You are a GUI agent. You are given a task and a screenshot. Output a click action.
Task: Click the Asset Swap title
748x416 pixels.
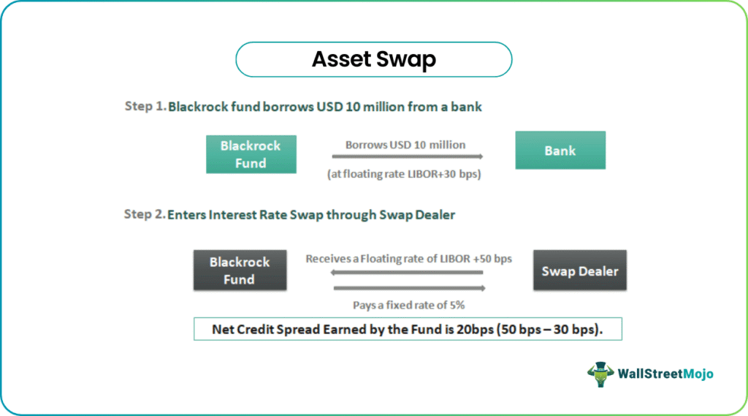pyautogui.click(x=373, y=59)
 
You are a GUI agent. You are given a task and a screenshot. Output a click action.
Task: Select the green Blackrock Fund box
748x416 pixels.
pyautogui.click(x=251, y=154)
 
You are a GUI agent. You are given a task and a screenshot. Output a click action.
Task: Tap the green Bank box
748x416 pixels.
pyautogui.click(x=560, y=151)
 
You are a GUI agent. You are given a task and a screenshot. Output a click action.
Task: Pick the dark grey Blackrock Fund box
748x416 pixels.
pyautogui.click(x=240, y=271)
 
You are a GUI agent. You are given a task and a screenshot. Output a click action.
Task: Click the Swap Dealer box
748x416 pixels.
pyautogui.click(x=579, y=271)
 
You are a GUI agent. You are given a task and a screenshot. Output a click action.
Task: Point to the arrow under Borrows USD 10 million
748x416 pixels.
pyautogui.click(x=408, y=156)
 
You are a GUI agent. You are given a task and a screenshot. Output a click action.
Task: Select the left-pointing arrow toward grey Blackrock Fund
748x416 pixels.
pyautogui.click(x=406, y=272)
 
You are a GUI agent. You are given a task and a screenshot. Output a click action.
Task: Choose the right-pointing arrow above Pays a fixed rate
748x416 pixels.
pyautogui.click(x=409, y=288)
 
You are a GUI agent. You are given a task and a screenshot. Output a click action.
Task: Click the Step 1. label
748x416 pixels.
pyautogui.click(x=145, y=106)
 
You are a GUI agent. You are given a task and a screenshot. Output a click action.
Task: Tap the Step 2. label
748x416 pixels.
pyautogui.click(x=145, y=214)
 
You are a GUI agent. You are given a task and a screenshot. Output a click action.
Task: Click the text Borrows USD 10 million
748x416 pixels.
pyautogui.click(x=405, y=145)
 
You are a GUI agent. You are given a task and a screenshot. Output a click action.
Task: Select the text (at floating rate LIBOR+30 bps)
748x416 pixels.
pyautogui.click(x=404, y=174)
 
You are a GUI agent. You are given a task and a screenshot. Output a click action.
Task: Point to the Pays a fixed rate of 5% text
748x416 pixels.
pyautogui.click(x=409, y=305)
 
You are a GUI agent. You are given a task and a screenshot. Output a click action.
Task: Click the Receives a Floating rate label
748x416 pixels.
pyautogui.click(x=409, y=259)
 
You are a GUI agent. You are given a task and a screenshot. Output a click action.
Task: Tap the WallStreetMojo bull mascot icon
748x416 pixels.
pyautogui.click(x=600, y=374)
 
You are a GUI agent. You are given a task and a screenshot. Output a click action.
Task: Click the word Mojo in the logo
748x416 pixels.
pyautogui.click(x=698, y=374)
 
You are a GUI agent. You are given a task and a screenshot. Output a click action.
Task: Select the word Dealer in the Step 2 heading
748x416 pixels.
pyautogui.click(x=435, y=214)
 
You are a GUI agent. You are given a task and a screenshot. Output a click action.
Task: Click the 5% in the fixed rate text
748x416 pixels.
pyautogui.click(x=457, y=305)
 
